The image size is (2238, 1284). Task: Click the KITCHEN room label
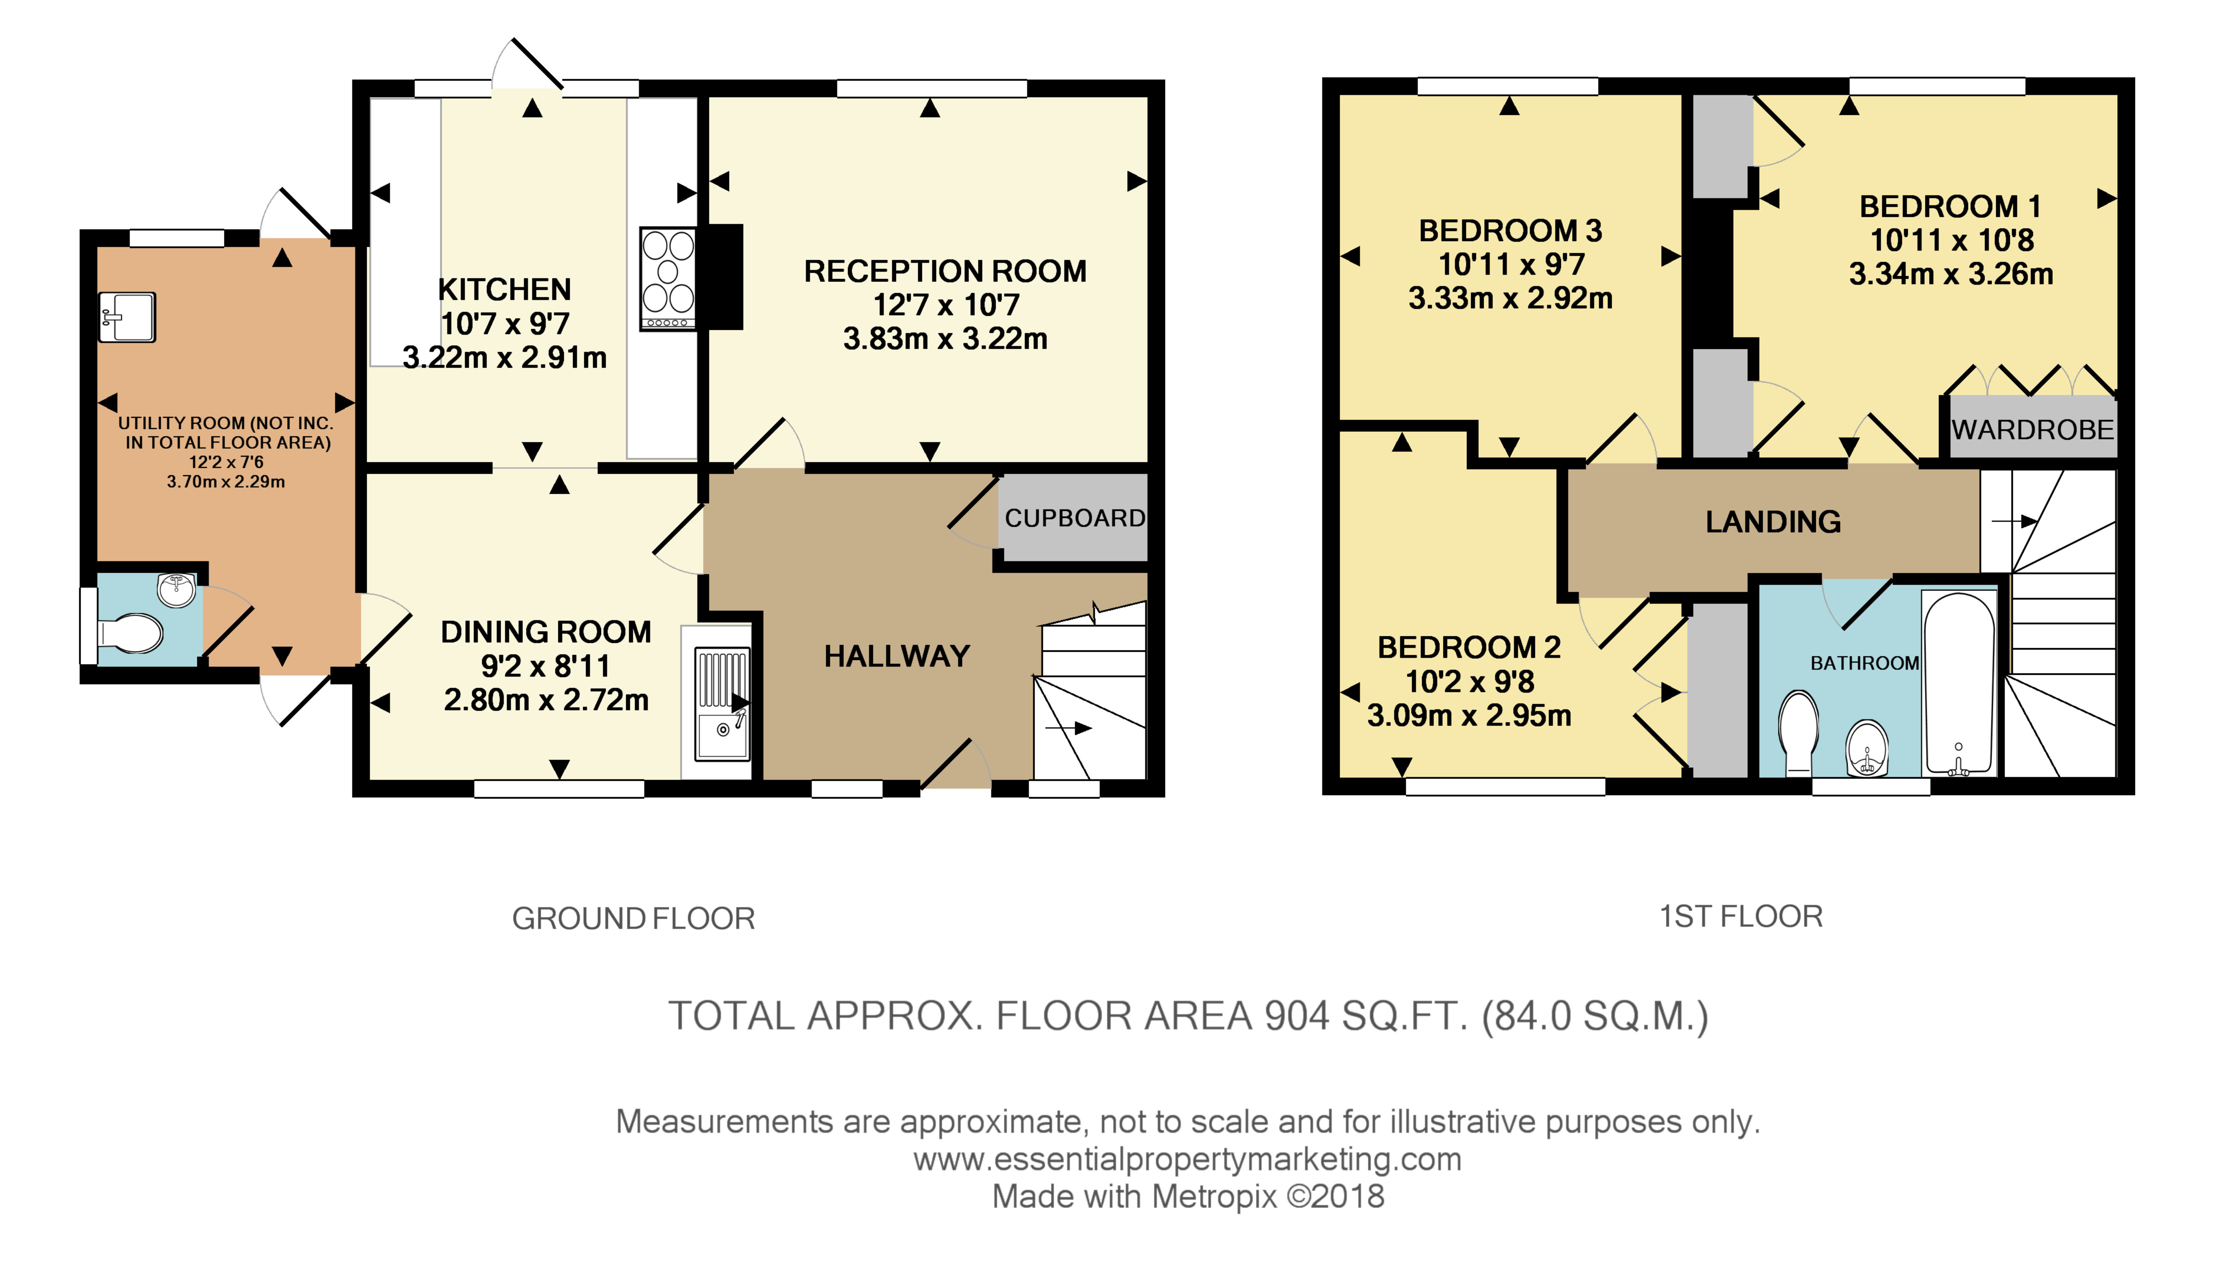(x=504, y=289)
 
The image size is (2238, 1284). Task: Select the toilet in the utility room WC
(x=131, y=633)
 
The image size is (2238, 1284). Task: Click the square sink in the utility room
(x=127, y=317)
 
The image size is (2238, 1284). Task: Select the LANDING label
(x=1773, y=522)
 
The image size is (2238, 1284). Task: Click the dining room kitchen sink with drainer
(x=722, y=704)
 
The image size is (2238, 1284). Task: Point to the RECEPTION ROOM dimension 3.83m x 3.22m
(x=945, y=339)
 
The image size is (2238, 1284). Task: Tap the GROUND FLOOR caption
(x=633, y=919)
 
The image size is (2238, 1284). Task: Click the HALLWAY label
(x=897, y=656)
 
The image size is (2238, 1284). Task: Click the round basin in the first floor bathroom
(x=1866, y=748)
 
